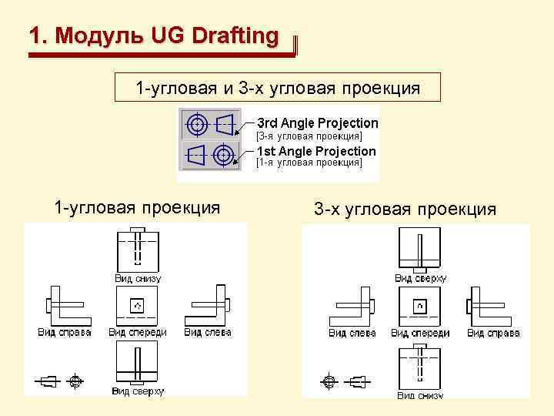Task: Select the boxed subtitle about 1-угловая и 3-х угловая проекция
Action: pos(277,88)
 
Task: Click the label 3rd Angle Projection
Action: pos(317,123)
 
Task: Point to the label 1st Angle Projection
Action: pos(316,152)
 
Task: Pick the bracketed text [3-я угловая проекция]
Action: pos(309,136)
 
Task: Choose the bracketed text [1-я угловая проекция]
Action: pos(309,163)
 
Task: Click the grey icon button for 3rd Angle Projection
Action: pos(210,123)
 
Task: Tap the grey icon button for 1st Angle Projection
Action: pos(210,154)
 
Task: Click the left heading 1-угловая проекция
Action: pos(136,207)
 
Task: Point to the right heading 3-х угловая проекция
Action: pos(405,209)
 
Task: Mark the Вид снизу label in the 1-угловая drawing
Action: pos(138,278)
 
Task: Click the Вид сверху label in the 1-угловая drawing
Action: pos(138,391)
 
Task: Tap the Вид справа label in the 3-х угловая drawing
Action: pos(493,334)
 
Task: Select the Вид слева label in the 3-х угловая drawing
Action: pos(352,334)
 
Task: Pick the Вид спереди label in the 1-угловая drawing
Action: pos(138,333)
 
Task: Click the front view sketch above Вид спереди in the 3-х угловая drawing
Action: pos(419,307)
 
